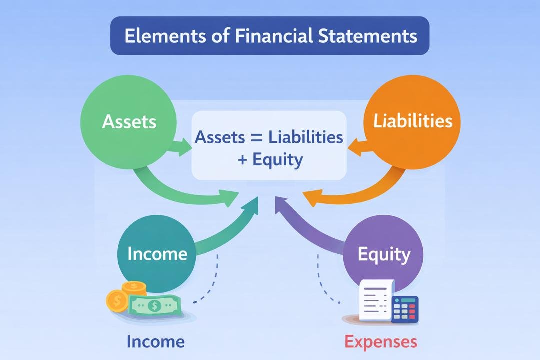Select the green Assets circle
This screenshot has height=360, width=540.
pos(129,121)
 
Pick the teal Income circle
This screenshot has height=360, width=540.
pos(157,253)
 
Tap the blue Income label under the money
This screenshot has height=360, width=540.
pos(155,342)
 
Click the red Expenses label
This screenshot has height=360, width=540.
pos(381,342)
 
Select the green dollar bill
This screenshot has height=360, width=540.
pos(154,304)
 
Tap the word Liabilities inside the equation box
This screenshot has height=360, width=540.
pos(306,137)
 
